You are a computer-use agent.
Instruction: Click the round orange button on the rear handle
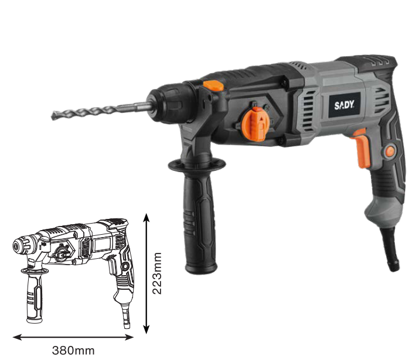(x=389, y=152)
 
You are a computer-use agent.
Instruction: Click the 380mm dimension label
(x=73, y=350)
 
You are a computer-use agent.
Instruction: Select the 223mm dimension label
(x=156, y=273)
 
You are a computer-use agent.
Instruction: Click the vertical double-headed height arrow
(x=146, y=273)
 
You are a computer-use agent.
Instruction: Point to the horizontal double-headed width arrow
(x=73, y=337)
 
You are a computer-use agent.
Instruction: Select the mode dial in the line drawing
(x=60, y=253)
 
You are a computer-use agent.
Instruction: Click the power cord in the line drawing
(x=125, y=316)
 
